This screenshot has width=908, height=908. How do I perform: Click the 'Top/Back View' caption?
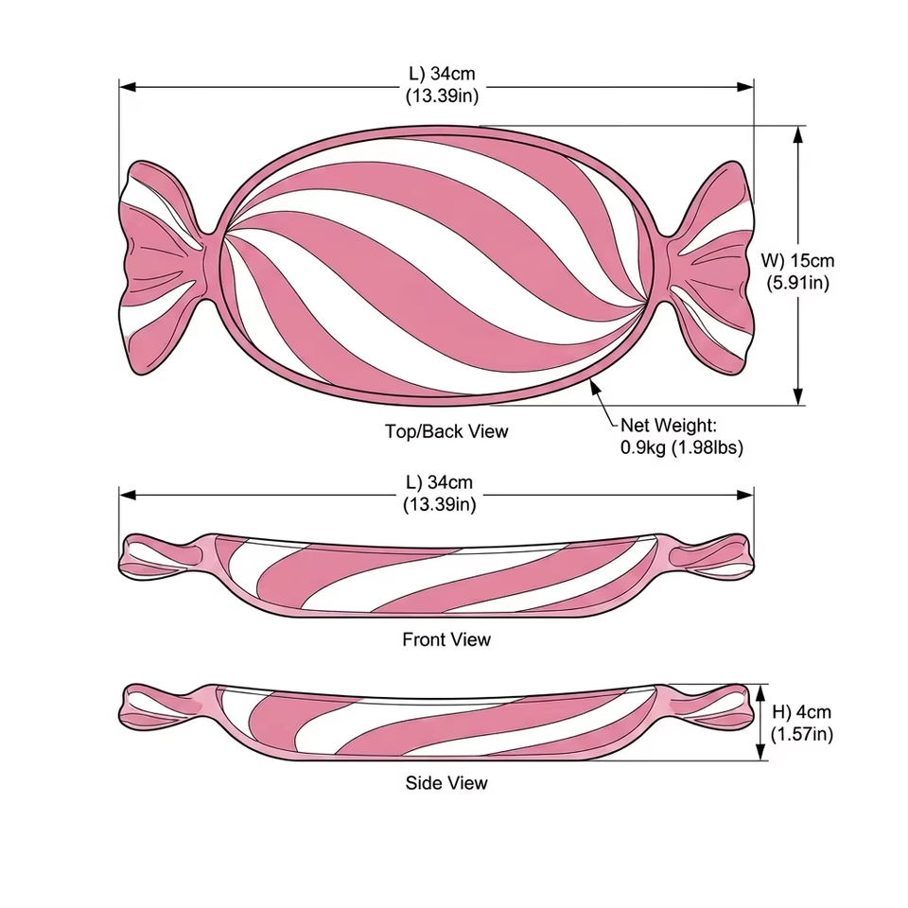[x=446, y=431]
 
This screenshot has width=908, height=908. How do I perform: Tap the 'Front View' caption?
[x=446, y=639]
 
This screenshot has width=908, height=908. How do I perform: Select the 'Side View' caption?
[x=446, y=783]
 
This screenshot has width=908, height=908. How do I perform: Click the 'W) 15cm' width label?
[x=798, y=261]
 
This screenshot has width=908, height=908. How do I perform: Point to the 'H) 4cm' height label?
[x=801, y=711]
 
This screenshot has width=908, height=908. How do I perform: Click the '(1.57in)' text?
[x=802, y=734]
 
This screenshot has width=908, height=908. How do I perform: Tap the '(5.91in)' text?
[x=798, y=283]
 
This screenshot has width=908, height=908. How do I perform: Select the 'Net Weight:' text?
[x=669, y=425]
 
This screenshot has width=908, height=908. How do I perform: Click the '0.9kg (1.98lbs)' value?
[x=682, y=447]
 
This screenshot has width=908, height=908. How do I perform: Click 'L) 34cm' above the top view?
[x=442, y=74]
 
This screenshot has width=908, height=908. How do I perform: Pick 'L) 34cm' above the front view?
[x=440, y=481]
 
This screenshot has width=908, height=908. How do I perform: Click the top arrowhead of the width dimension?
[x=798, y=134]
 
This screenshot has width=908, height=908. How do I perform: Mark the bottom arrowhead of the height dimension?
[x=760, y=752]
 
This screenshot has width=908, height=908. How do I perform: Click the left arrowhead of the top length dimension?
[x=128, y=87]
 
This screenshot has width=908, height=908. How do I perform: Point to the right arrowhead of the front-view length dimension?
[x=745, y=495]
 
